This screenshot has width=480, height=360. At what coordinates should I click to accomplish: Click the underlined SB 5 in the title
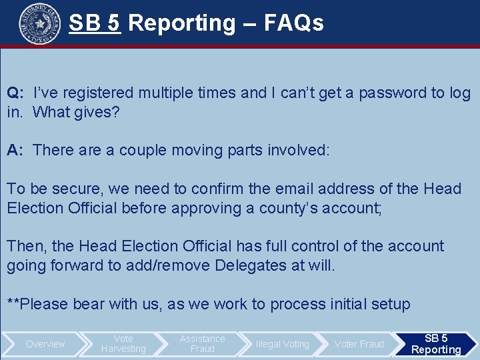coord(94,23)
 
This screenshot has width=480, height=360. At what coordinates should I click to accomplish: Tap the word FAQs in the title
coord(293,23)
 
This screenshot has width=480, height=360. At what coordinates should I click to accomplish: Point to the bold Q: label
coord(16,93)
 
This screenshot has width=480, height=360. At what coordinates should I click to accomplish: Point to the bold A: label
coord(16,150)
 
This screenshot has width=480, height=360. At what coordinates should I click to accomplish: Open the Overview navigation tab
coord(45,344)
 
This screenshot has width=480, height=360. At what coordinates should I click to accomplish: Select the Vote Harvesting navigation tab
coord(123,344)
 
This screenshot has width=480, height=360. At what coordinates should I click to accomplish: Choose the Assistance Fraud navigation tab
coord(202,344)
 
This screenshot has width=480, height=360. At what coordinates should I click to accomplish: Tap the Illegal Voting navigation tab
coord(282,344)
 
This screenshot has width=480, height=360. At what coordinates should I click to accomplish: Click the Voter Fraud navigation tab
coord(359,344)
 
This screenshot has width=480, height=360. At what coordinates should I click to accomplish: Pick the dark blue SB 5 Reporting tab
coord(436,344)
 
